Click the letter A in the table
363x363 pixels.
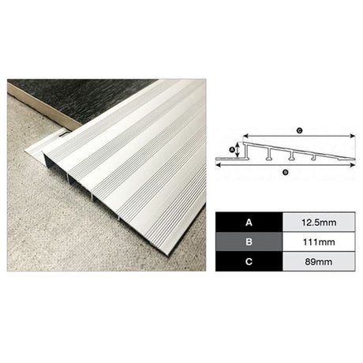(249, 223)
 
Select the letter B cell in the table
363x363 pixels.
(249, 241)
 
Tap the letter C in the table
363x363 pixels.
(249, 262)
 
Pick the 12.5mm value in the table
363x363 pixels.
(319, 223)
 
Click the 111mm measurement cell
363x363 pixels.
(319, 241)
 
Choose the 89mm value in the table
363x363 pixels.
(319, 262)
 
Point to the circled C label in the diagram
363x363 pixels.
(299, 130)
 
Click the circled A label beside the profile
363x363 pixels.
(232, 150)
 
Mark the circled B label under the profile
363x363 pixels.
(286, 173)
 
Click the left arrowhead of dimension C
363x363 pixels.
(245, 136)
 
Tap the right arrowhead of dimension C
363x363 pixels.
(353, 136)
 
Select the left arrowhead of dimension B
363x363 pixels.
(219, 165)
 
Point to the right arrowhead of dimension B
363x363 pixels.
(353, 165)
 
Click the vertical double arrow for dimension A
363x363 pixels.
(238, 150)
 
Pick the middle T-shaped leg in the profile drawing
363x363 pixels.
(291, 155)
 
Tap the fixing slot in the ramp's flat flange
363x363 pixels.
(62, 135)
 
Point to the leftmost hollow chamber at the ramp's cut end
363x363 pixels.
(55, 164)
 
